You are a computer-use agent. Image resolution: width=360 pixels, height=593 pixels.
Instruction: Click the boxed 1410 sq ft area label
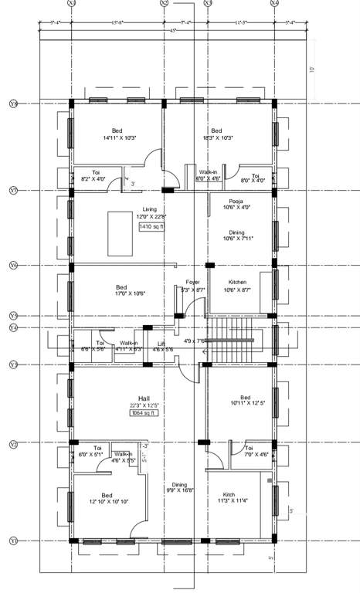(x=151, y=227)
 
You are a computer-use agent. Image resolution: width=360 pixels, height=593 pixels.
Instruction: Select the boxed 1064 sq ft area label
(x=144, y=413)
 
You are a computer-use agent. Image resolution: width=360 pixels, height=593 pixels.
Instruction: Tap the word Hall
(x=144, y=398)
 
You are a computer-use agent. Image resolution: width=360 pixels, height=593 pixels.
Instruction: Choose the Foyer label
(x=192, y=283)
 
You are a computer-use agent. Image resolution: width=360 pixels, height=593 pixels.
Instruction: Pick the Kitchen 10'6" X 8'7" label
(x=237, y=286)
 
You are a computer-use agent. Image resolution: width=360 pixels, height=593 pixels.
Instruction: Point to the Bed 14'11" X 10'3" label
(x=117, y=134)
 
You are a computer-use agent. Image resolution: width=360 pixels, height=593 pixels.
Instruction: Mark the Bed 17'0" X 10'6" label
(x=121, y=290)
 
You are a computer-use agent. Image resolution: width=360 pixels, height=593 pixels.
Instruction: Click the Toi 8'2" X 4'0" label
(x=97, y=175)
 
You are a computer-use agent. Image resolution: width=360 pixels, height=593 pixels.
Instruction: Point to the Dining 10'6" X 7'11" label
(x=236, y=235)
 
